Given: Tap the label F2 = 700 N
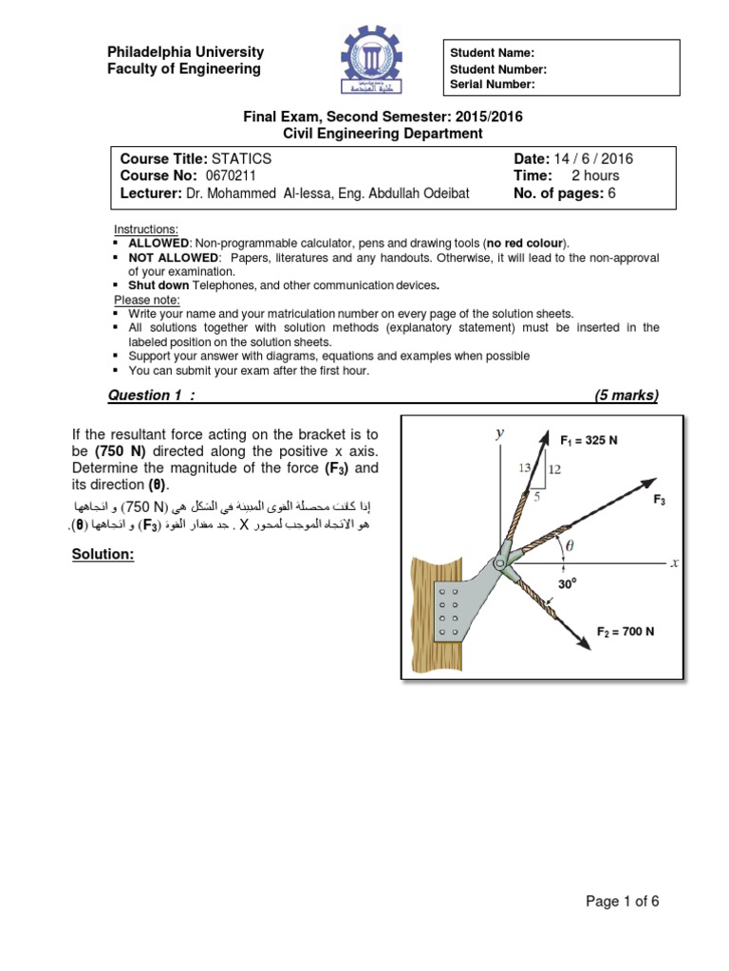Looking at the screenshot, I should tap(625, 632).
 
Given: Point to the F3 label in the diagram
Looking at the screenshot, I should tap(660, 499).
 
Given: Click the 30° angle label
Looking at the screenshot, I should tap(568, 585).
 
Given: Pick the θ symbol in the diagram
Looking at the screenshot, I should tap(570, 545).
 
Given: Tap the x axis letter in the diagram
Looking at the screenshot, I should tap(674, 562).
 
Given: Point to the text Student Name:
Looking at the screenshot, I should tap(492, 53).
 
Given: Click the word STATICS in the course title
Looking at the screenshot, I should tap(241, 159).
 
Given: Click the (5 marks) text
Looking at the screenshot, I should tap(626, 395).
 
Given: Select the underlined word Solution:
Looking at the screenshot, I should tap(103, 555).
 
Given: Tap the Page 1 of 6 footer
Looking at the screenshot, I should tap(622, 902).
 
